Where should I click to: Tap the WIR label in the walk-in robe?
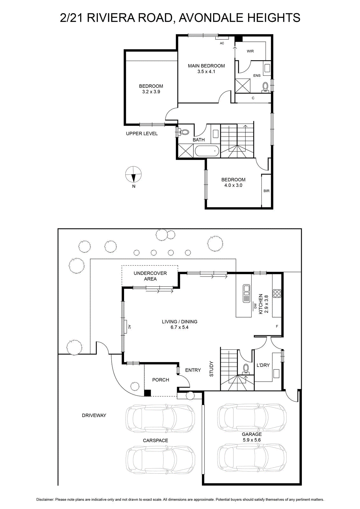tap(250, 51)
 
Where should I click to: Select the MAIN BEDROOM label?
tap(206, 66)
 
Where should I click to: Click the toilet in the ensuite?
tap(265, 87)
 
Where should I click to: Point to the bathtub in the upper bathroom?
tap(206, 151)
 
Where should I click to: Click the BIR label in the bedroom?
tap(267, 191)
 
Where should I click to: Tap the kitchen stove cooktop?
tap(277, 293)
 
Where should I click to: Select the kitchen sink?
tap(246, 293)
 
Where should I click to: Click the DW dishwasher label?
tap(255, 305)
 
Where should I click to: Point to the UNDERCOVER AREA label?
tap(150, 276)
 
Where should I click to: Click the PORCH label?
tap(161, 380)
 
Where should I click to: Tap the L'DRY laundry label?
tap(263, 365)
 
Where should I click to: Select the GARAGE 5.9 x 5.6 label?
tap(252, 437)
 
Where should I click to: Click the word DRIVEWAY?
tap(94, 415)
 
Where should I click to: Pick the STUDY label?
tap(211, 369)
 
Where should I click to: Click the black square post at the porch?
tap(148, 393)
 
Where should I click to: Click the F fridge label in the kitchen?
tap(277, 326)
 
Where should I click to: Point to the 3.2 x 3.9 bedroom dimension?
tap(151, 92)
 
